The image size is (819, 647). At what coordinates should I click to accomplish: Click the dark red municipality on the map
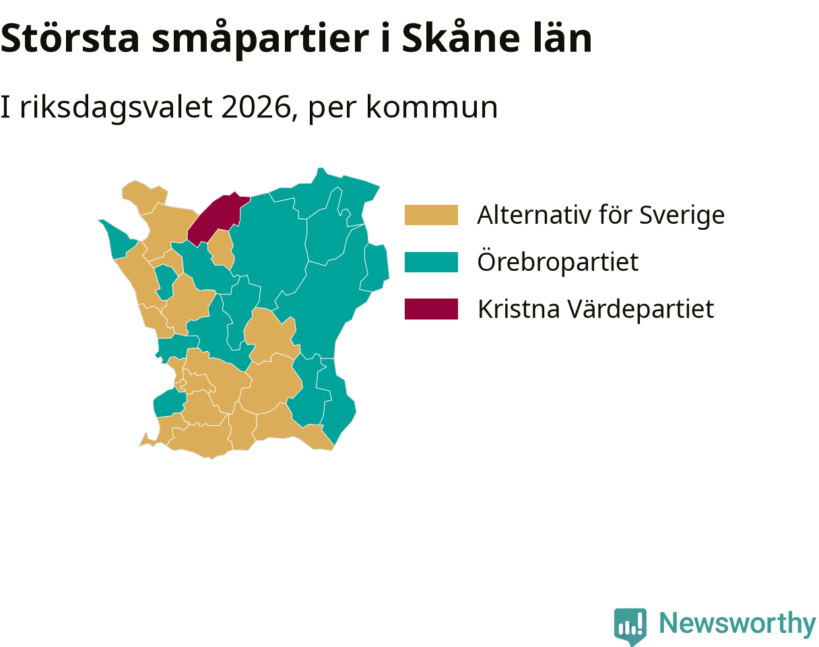tap(215, 218)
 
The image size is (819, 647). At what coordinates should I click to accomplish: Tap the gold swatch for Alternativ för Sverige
tap(431, 215)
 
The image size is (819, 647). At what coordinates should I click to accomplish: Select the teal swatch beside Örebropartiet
tap(431, 262)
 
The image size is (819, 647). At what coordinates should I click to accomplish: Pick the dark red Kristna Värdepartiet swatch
tap(431, 309)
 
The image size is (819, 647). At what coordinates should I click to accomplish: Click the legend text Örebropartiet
tap(558, 262)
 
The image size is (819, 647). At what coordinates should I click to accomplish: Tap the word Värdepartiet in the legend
tap(641, 309)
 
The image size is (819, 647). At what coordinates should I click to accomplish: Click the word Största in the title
tap(69, 38)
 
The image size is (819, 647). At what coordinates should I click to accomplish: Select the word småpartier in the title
tap(261, 39)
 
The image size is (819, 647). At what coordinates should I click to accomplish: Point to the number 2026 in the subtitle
tap(256, 108)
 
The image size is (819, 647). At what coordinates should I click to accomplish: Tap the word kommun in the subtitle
tap(432, 108)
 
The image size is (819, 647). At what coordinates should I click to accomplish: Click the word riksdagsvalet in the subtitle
tap(116, 109)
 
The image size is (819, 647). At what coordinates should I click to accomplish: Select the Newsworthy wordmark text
tap(738, 623)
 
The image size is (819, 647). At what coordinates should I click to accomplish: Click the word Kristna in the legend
tap(519, 309)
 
